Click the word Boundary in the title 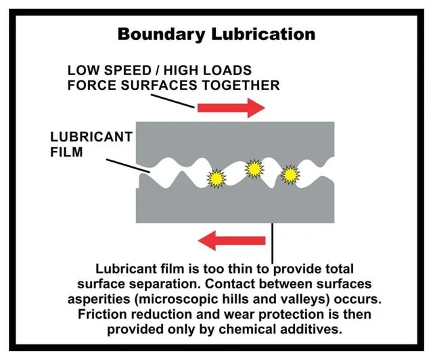pyautogui.click(x=161, y=35)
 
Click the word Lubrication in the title pyautogui.click(x=263, y=34)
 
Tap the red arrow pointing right pyautogui.click(x=231, y=108)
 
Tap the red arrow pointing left pyautogui.click(x=231, y=241)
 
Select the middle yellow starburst pyautogui.click(x=254, y=168)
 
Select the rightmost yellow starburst pyautogui.click(x=290, y=175)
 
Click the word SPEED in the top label pyautogui.click(x=127, y=70)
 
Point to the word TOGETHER pyautogui.click(x=241, y=85)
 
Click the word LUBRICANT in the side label pyautogui.click(x=91, y=137)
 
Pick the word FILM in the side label pyautogui.click(x=66, y=152)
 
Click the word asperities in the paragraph pyautogui.click(x=99, y=300)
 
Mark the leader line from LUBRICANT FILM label pyautogui.click(x=128, y=166)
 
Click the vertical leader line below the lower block pyautogui.click(x=273, y=244)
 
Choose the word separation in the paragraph pyautogui.click(x=166, y=285)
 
